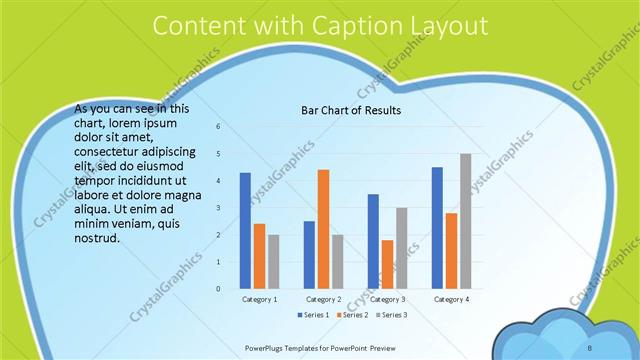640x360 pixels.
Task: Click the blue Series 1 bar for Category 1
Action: pos(245,231)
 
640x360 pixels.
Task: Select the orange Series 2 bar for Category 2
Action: pos(323,229)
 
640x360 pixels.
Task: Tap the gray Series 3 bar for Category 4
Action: pos(465,221)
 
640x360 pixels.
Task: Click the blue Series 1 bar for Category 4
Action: pos(437,228)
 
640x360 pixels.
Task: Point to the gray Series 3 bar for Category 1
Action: pos(273,262)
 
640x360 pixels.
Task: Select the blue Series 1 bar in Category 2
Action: pos(309,255)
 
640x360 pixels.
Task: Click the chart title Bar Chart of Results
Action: pos(351,111)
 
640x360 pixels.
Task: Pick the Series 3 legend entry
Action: pos(391,315)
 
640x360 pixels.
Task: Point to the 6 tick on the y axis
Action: pos(218,127)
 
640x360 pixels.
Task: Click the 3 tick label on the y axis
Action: pos(218,208)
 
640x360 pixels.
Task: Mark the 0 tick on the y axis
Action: pos(218,289)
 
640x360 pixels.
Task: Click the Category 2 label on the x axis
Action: pos(323,299)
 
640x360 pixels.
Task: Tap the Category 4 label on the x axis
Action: pos(451,299)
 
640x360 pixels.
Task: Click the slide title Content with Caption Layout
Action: pos(319,26)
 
